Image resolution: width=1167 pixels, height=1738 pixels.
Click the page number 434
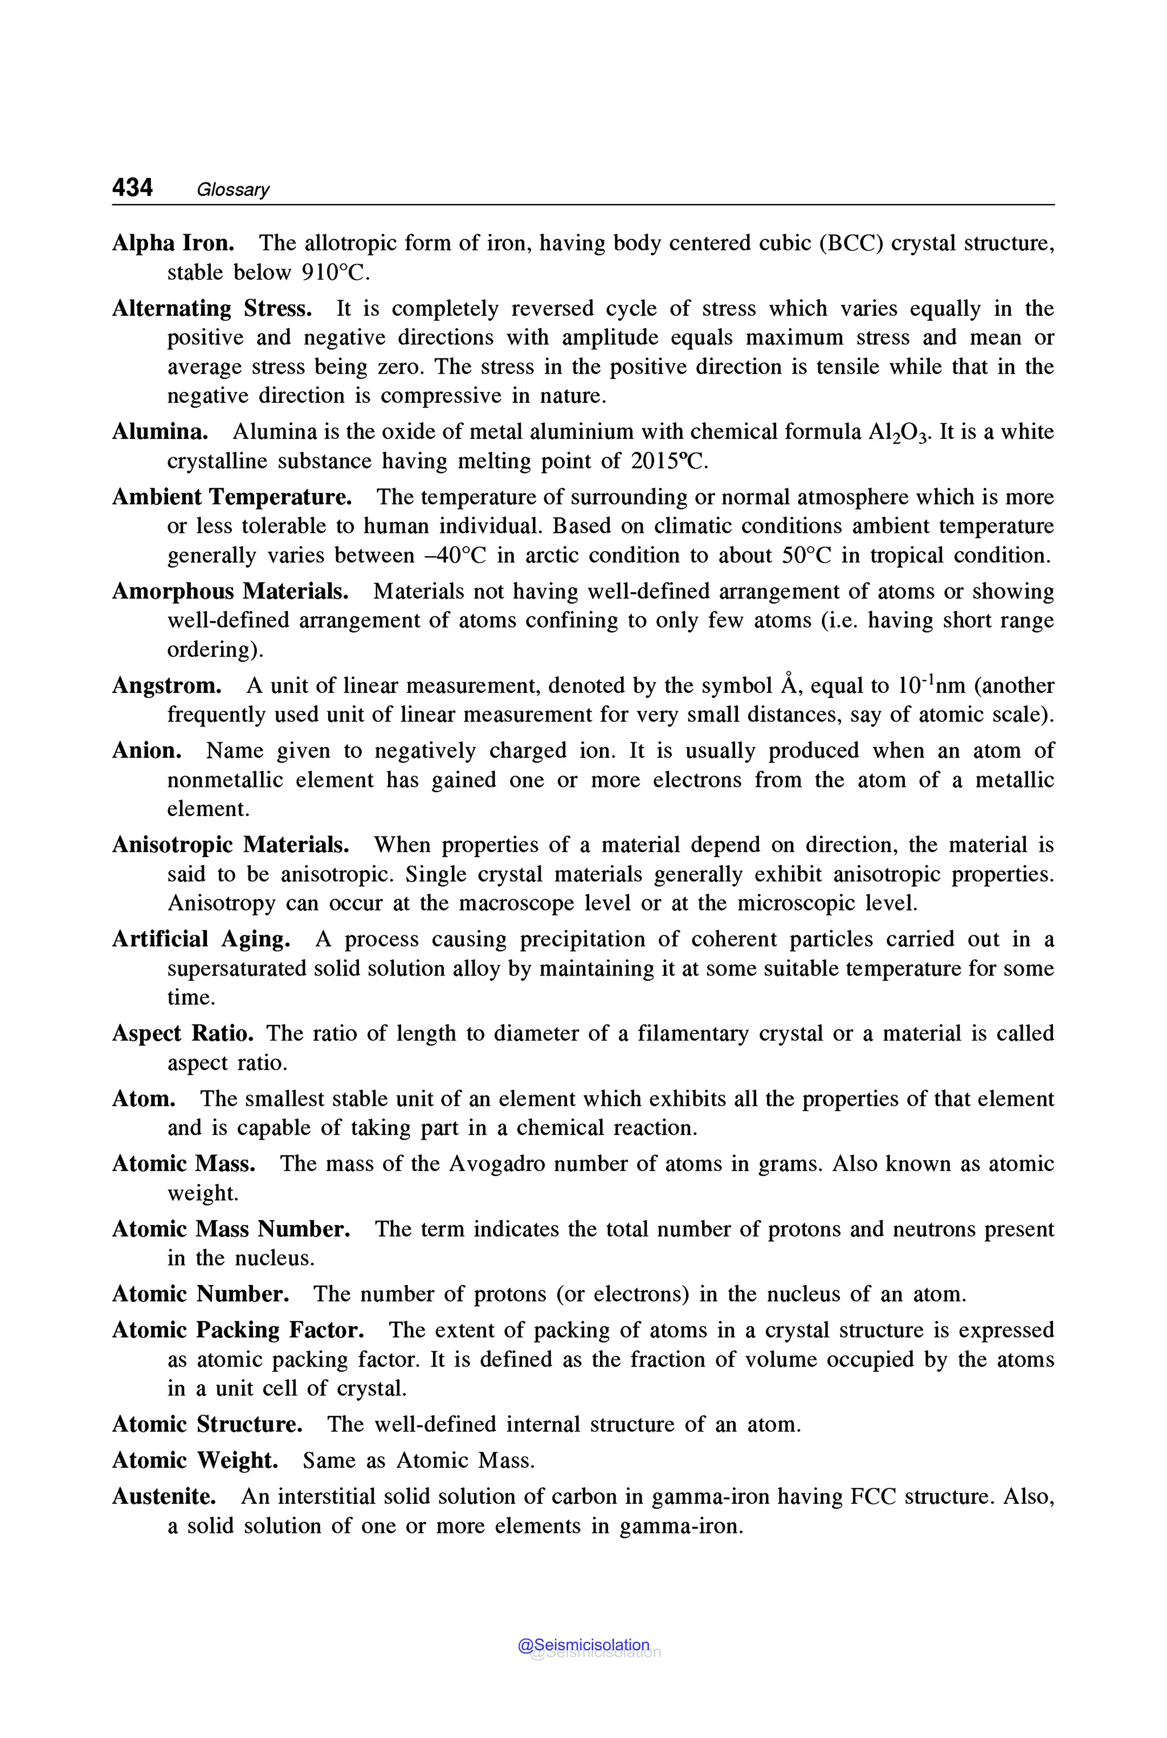pos(132,187)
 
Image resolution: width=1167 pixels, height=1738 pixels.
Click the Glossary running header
pos(233,190)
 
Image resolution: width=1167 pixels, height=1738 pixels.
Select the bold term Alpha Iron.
pos(173,243)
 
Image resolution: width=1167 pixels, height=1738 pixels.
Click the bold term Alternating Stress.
pos(212,309)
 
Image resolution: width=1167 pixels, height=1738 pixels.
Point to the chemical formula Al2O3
pos(900,433)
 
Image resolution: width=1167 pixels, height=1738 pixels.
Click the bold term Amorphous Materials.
pos(231,591)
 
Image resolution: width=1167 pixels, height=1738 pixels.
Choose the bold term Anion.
pos(146,751)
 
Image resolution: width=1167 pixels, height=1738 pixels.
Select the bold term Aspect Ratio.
pos(182,1034)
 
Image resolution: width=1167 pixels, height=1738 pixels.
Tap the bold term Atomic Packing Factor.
pos(238,1330)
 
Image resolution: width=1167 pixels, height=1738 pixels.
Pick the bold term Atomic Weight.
pos(195,1460)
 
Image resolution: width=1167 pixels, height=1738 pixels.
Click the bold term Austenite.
pos(164,1496)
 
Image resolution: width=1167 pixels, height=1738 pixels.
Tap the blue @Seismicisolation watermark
pos(583,1646)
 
